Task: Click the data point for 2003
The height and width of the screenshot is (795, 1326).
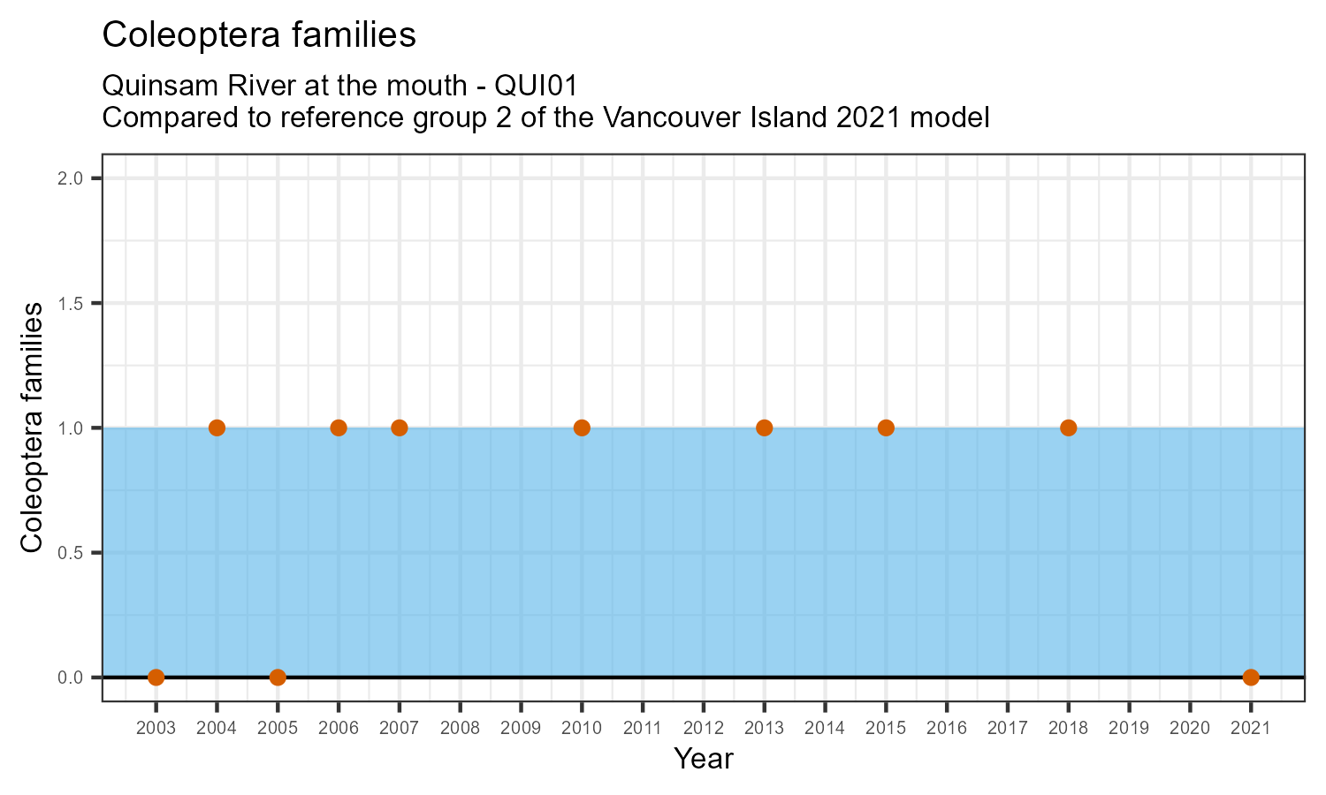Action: [x=156, y=678]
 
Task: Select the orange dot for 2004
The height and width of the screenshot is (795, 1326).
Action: [x=217, y=428]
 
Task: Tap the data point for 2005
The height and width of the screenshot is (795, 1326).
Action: [x=278, y=678]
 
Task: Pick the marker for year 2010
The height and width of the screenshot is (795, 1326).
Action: [x=582, y=428]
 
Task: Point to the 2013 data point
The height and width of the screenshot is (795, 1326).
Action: [x=764, y=428]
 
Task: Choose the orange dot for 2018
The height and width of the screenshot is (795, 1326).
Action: [x=1068, y=428]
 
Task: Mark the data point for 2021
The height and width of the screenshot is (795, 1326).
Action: [x=1250, y=678]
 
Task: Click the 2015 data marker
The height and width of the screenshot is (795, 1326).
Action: [x=886, y=428]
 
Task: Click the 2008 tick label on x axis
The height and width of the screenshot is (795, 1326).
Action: [x=460, y=729]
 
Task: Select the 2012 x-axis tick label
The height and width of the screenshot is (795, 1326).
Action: [x=703, y=729]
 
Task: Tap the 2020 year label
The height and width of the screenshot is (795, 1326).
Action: [x=1189, y=729]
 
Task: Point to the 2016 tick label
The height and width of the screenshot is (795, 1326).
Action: [x=946, y=729]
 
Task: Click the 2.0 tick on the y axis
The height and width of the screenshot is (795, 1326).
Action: [x=71, y=178]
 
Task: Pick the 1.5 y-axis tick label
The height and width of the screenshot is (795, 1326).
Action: [x=71, y=303]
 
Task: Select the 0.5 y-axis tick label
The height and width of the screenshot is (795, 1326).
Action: [x=71, y=553]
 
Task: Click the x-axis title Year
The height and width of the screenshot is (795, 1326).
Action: [x=703, y=758]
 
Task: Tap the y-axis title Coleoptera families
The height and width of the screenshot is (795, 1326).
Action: [x=33, y=428]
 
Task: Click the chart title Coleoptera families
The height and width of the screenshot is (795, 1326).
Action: [x=259, y=34]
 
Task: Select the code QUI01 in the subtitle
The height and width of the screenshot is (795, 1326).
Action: [x=536, y=86]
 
